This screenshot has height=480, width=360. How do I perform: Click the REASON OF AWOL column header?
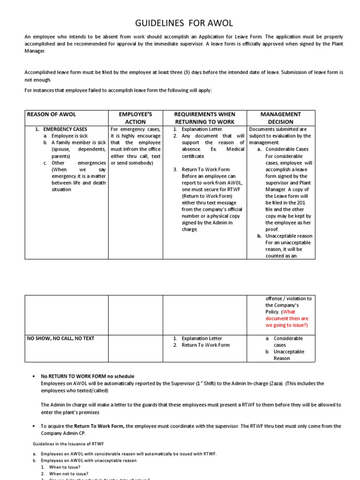coord(52,114)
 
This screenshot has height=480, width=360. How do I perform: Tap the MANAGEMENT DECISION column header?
coord(281,118)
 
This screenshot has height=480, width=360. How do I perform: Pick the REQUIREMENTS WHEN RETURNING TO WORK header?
coord(204,118)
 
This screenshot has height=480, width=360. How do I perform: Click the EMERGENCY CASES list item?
coord(65,129)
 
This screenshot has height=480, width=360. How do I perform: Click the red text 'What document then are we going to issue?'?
coord(287,318)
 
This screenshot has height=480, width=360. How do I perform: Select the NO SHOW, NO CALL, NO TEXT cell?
coord(60,338)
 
